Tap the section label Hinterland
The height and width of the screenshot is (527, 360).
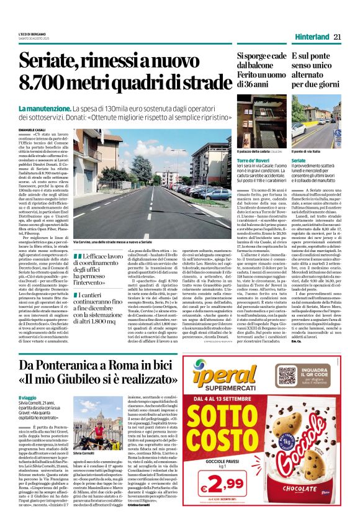308,37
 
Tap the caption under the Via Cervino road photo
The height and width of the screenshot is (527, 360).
114,241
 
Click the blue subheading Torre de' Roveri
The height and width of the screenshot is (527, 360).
253,160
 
